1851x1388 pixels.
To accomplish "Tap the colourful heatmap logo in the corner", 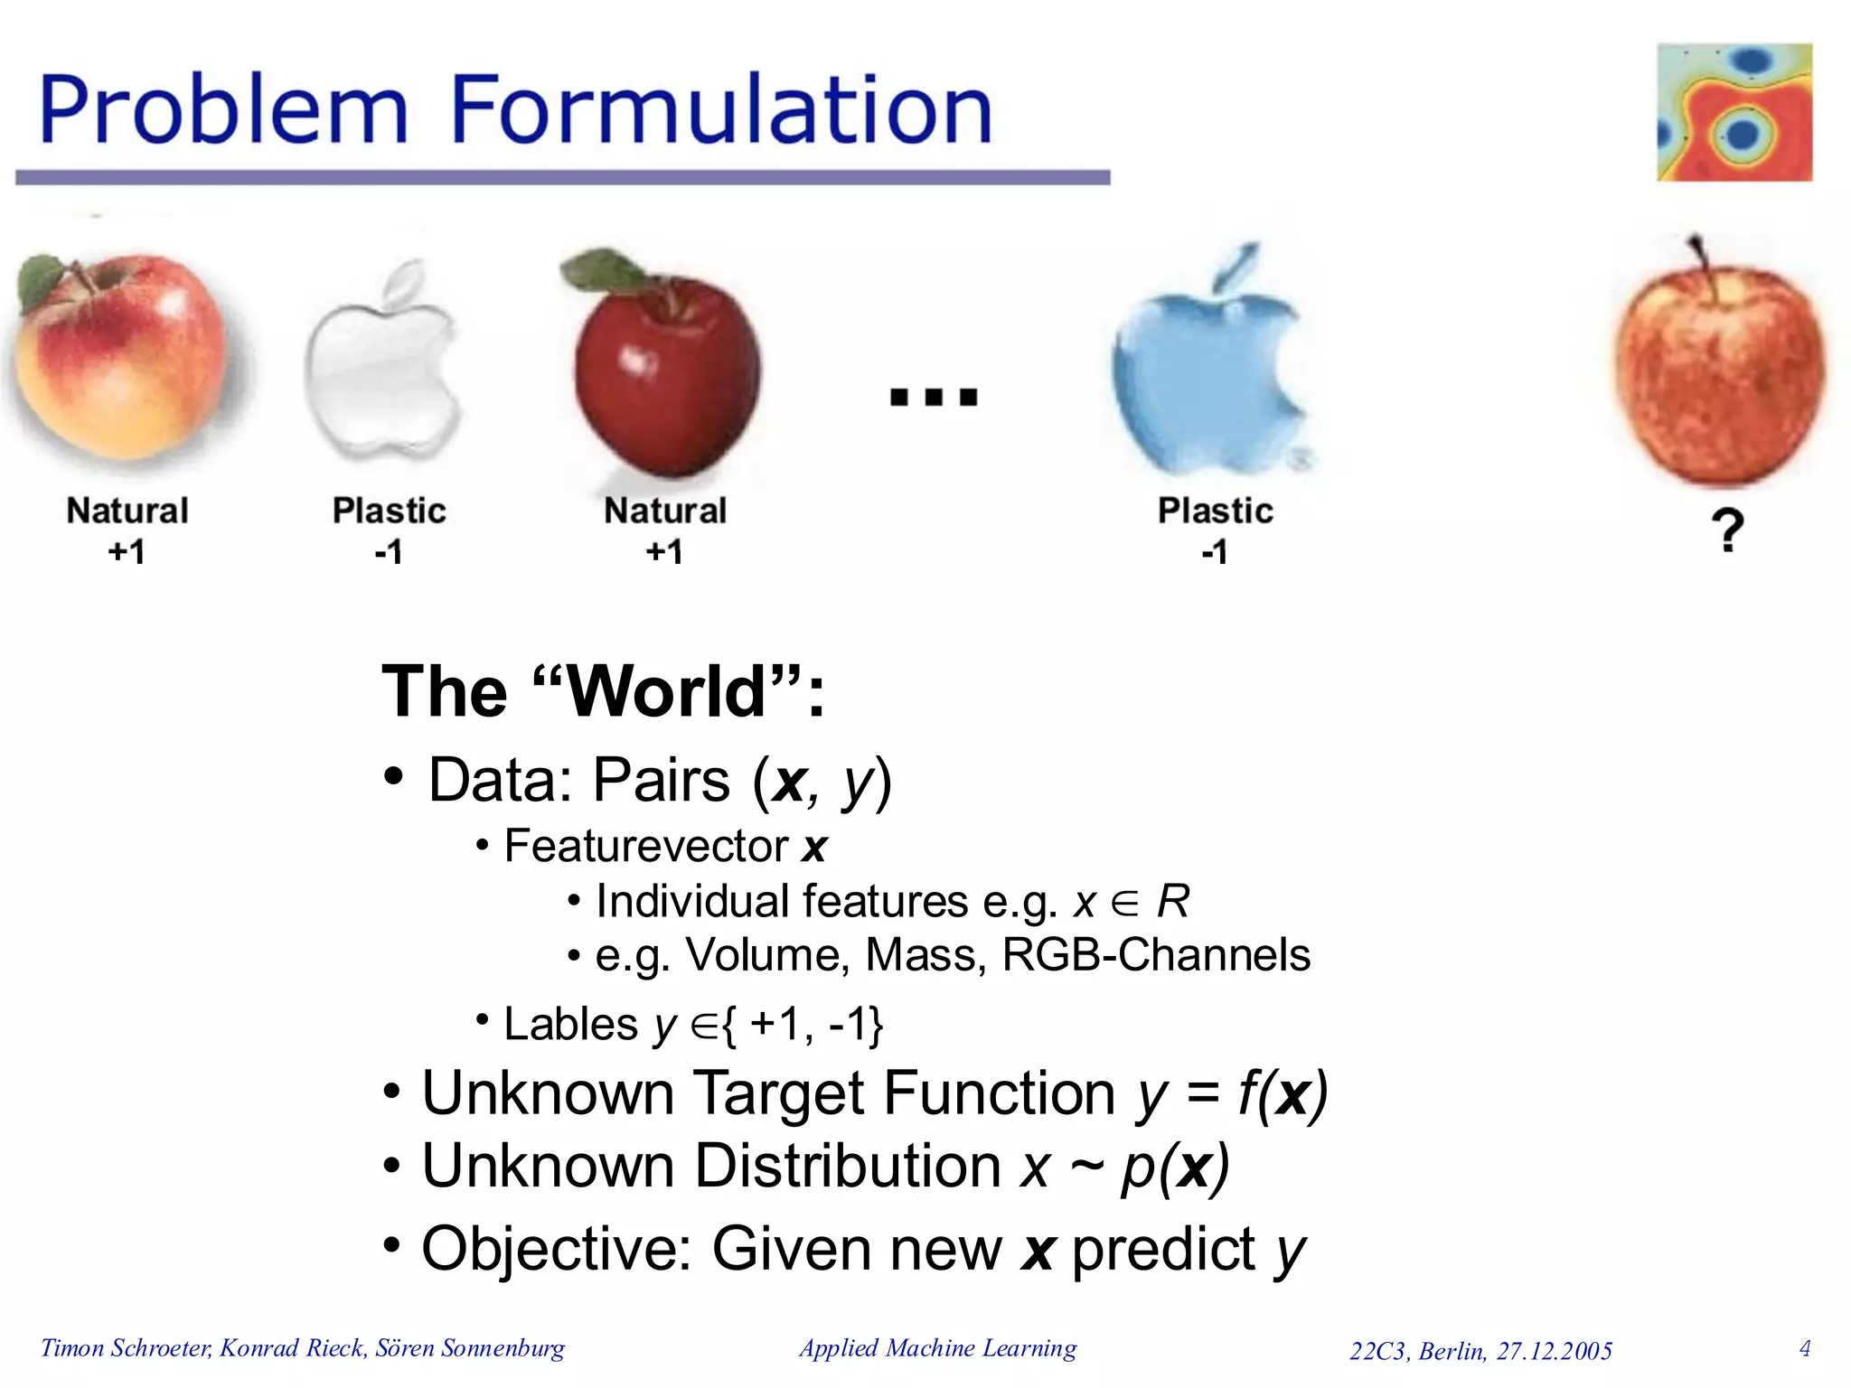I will tap(1734, 112).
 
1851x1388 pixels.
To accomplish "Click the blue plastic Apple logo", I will tap(1207, 370).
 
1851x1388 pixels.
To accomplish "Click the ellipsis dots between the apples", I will tap(934, 397).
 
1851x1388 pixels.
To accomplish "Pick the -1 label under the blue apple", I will tap(1215, 551).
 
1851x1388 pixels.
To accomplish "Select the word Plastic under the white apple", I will tap(389, 511).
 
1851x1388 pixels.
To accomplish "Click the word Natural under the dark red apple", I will tap(665, 511).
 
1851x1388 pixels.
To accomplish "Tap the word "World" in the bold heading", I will tap(667, 692).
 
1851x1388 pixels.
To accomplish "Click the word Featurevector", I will tap(646, 847).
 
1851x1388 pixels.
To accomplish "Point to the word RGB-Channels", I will tap(1156, 955).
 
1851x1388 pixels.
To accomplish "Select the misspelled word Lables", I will tap(570, 1025).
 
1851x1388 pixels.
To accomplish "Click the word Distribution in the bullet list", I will tap(847, 1166).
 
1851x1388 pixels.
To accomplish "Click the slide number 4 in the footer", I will tap(1804, 1348).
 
